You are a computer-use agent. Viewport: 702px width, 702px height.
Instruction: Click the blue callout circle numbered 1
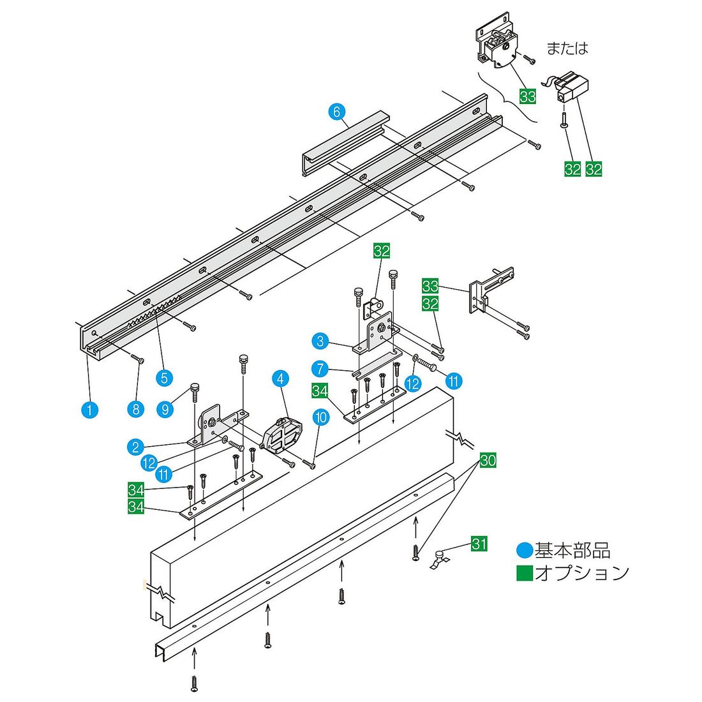click(x=89, y=410)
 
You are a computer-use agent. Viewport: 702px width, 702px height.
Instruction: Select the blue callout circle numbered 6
click(x=337, y=112)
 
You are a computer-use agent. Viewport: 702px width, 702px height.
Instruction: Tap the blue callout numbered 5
click(x=164, y=378)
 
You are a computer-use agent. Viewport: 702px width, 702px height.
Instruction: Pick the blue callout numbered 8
click(x=136, y=409)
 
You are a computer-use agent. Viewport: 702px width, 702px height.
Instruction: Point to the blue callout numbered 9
click(x=165, y=409)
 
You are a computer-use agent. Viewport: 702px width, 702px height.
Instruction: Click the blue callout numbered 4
click(x=280, y=378)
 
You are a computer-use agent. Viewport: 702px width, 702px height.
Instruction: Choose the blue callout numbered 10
click(x=320, y=418)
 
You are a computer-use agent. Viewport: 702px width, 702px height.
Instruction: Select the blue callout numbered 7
click(x=320, y=369)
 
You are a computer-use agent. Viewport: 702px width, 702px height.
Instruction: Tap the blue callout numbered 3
click(x=320, y=341)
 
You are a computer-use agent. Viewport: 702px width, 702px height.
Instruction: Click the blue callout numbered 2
click(x=135, y=446)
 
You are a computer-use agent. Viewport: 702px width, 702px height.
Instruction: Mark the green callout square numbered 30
click(x=488, y=460)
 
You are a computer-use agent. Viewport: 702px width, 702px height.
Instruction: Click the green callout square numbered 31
click(x=479, y=544)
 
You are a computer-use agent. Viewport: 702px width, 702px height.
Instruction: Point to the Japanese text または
click(x=567, y=48)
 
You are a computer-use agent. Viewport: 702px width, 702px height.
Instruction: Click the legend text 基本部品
click(x=572, y=550)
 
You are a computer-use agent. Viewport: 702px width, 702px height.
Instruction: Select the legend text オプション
click(x=582, y=572)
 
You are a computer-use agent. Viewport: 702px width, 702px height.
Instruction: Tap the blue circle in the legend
click(x=525, y=550)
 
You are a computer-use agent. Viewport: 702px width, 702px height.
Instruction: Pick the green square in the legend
click(x=525, y=572)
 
